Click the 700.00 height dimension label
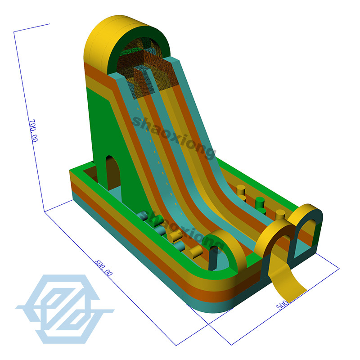33,131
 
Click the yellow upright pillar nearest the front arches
280,216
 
